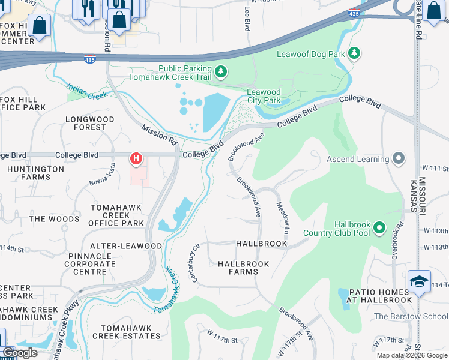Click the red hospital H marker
136,159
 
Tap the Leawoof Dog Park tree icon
354,54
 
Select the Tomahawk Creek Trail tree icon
221,73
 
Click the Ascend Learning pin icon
398,159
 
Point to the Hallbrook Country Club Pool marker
379,228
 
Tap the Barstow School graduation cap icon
418,281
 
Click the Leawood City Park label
264,96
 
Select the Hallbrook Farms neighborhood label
244,268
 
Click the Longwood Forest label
90,123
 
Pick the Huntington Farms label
36,173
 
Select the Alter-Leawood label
125,246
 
